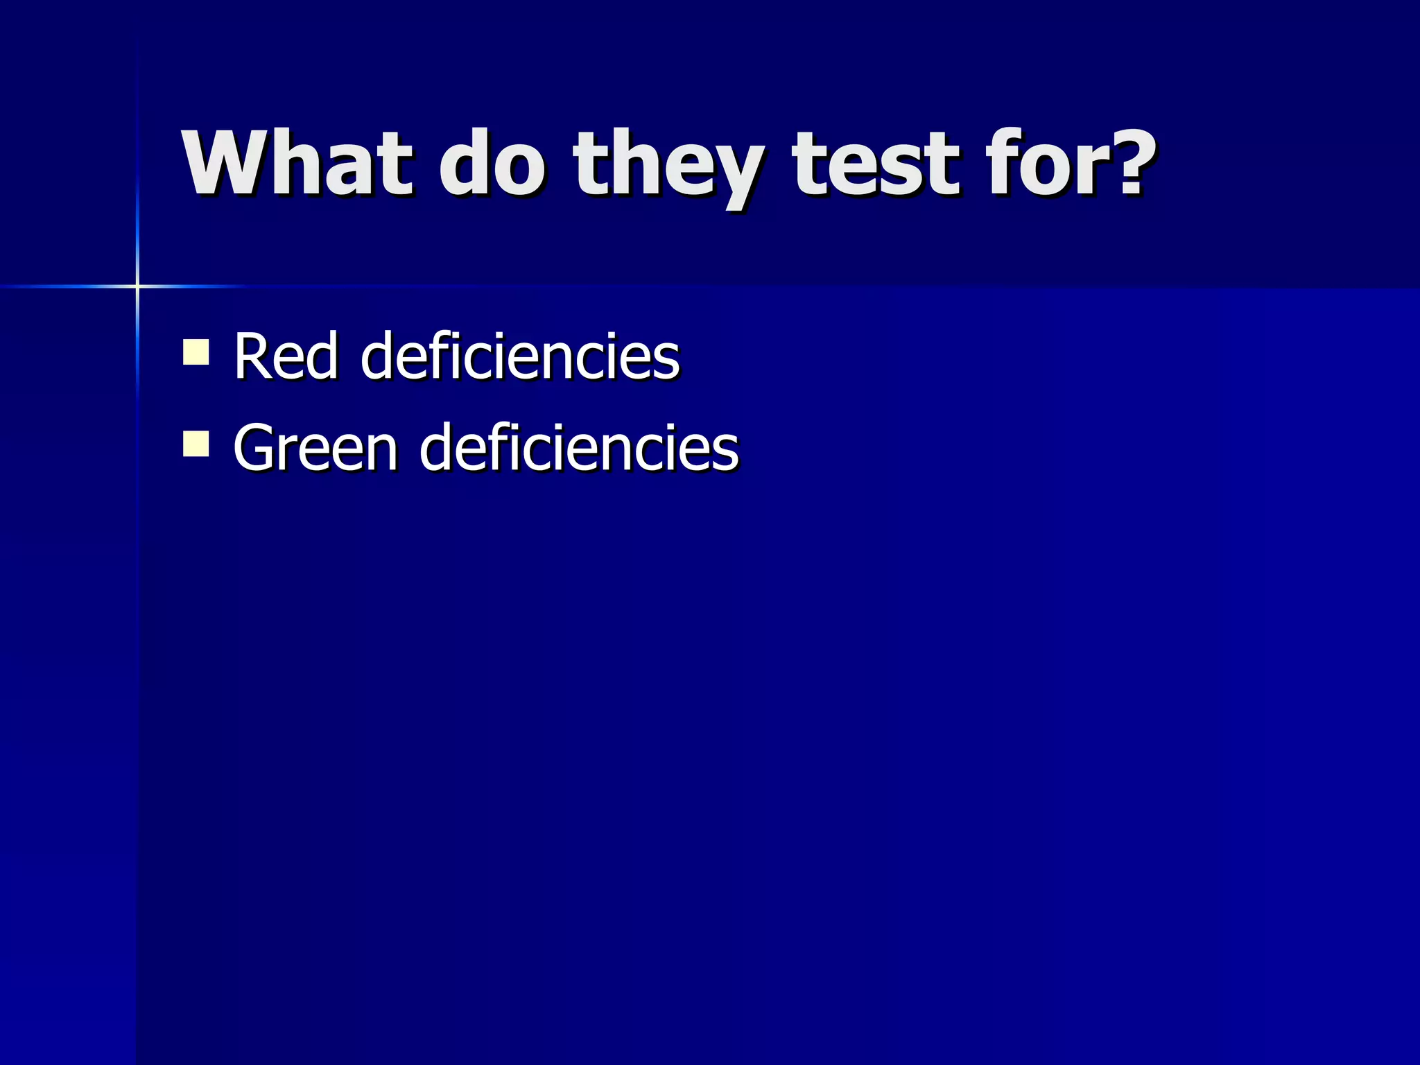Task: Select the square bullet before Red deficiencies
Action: pos(196,352)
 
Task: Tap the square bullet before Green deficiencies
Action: pos(196,443)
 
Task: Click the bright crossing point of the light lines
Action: pos(137,286)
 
